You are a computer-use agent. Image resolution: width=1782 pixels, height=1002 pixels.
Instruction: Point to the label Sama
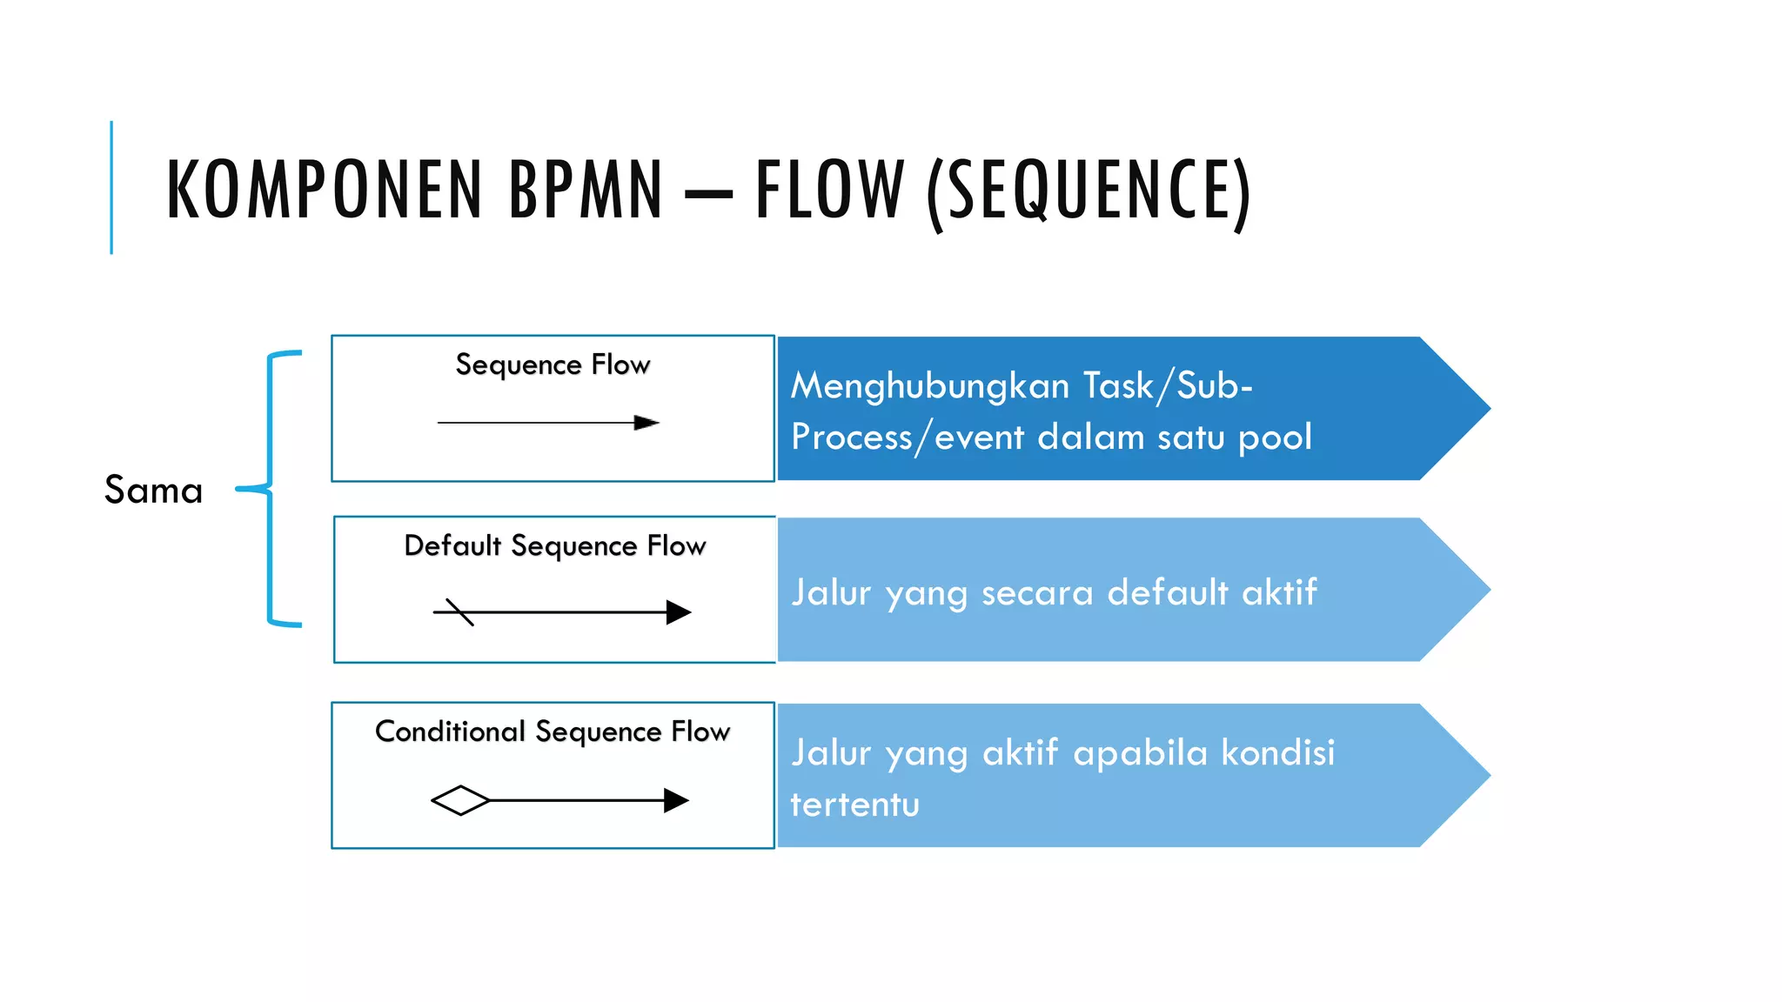(154, 490)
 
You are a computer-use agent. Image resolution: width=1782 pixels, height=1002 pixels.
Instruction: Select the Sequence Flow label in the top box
(553, 364)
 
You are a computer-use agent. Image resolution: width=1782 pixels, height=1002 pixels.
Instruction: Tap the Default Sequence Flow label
(555, 545)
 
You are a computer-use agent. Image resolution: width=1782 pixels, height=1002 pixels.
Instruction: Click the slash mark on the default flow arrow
(459, 611)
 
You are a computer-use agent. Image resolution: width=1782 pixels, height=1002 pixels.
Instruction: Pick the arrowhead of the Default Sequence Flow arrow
(678, 612)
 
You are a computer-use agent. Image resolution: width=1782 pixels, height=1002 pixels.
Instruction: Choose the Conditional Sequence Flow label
(553, 731)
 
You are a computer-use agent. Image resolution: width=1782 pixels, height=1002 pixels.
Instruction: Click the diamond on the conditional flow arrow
(460, 800)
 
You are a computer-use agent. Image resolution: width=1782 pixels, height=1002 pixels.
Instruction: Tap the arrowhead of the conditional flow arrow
(675, 800)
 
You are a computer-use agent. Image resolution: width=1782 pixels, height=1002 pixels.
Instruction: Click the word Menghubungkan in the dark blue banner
(929, 386)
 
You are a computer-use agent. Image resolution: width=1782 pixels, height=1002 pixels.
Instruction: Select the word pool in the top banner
(1275, 437)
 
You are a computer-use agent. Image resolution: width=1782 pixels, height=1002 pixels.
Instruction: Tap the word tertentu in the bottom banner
(854, 805)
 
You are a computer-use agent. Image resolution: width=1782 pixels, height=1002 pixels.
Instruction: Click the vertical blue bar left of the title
(111, 187)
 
